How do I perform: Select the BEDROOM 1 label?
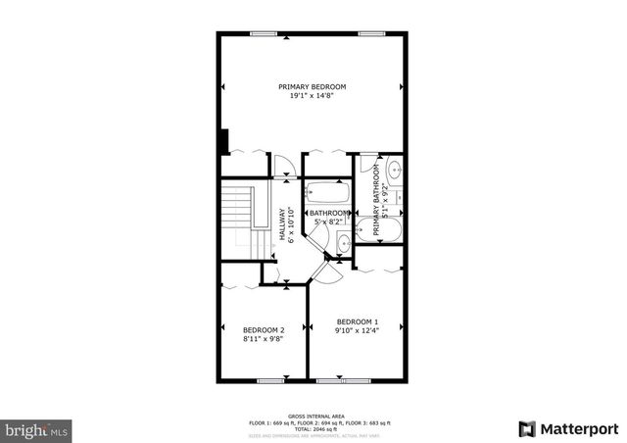pos(357,321)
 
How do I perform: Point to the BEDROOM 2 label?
pos(264,329)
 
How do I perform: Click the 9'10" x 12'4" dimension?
pos(357,331)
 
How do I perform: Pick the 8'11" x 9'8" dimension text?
pos(264,339)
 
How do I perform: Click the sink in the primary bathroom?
pos(393,172)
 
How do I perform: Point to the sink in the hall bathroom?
pos(344,245)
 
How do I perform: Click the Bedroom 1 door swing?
pos(330,274)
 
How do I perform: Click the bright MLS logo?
pos(37,429)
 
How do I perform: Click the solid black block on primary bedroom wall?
pos(224,141)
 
